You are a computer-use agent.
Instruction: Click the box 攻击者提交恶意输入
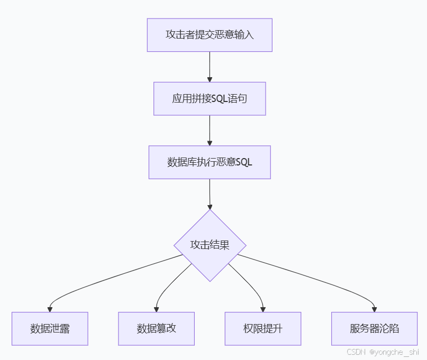[210, 35]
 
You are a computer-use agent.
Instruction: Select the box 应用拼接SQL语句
[210, 98]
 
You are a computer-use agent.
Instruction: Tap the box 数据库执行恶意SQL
[210, 162]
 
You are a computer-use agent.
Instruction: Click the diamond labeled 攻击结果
[210, 245]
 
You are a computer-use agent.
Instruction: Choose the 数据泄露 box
[50, 328]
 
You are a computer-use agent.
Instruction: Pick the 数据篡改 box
[156, 328]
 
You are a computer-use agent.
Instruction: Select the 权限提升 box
[263, 328]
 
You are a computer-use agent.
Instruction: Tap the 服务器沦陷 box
[375, 328]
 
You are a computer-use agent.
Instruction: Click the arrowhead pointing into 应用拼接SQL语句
[210, 79]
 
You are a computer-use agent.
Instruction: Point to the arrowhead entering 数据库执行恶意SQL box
[210, 143]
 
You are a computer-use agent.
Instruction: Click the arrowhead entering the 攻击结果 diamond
[210, 207]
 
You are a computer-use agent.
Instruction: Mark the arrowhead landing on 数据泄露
[50, 309]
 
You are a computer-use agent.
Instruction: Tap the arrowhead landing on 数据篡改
[156, 309]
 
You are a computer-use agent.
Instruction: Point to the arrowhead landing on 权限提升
[263, 309]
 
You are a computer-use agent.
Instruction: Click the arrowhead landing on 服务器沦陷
[375, 309]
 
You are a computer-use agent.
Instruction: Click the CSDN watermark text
[357, 352]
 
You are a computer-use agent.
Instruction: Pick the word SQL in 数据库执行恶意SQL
[243, 162]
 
